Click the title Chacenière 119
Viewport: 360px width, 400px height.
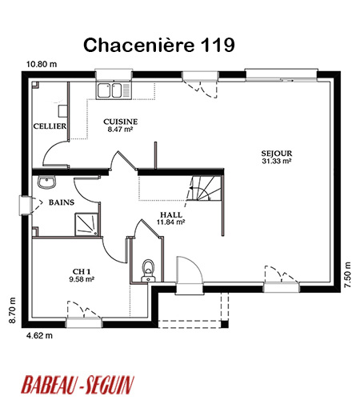[x=159, y=45]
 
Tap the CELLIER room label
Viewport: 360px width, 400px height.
[x=50, y=126]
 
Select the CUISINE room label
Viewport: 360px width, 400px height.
[x=121, y=122]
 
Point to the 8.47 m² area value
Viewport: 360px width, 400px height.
[x=120, y=130]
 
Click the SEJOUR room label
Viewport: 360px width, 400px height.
[x=277, y=154]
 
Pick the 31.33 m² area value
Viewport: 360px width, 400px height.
[x=276, y=161]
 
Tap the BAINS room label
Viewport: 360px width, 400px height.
[x=62, y=202]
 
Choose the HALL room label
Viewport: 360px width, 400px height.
[x=171, y=214]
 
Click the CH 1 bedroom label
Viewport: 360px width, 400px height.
[x=82, y=272]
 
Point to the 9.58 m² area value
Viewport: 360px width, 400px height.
[x=82, y=279]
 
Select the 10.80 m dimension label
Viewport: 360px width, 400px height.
[x=42, y=64]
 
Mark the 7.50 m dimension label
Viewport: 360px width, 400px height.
[x=347, y=274]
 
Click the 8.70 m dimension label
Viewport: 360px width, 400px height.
[x=12, y=310]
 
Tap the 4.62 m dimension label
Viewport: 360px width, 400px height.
[x=39, y=335]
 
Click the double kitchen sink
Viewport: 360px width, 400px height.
[x=114, y=90]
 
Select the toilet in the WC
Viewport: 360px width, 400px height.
[x=148, y=270]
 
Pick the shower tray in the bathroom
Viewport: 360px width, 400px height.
[x=86, y=224]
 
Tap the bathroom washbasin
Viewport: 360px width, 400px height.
[x=47, y=182]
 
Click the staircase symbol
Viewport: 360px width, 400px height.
[x=204, y=188]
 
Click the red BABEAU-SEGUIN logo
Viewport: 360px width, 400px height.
[x=78, y=385]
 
